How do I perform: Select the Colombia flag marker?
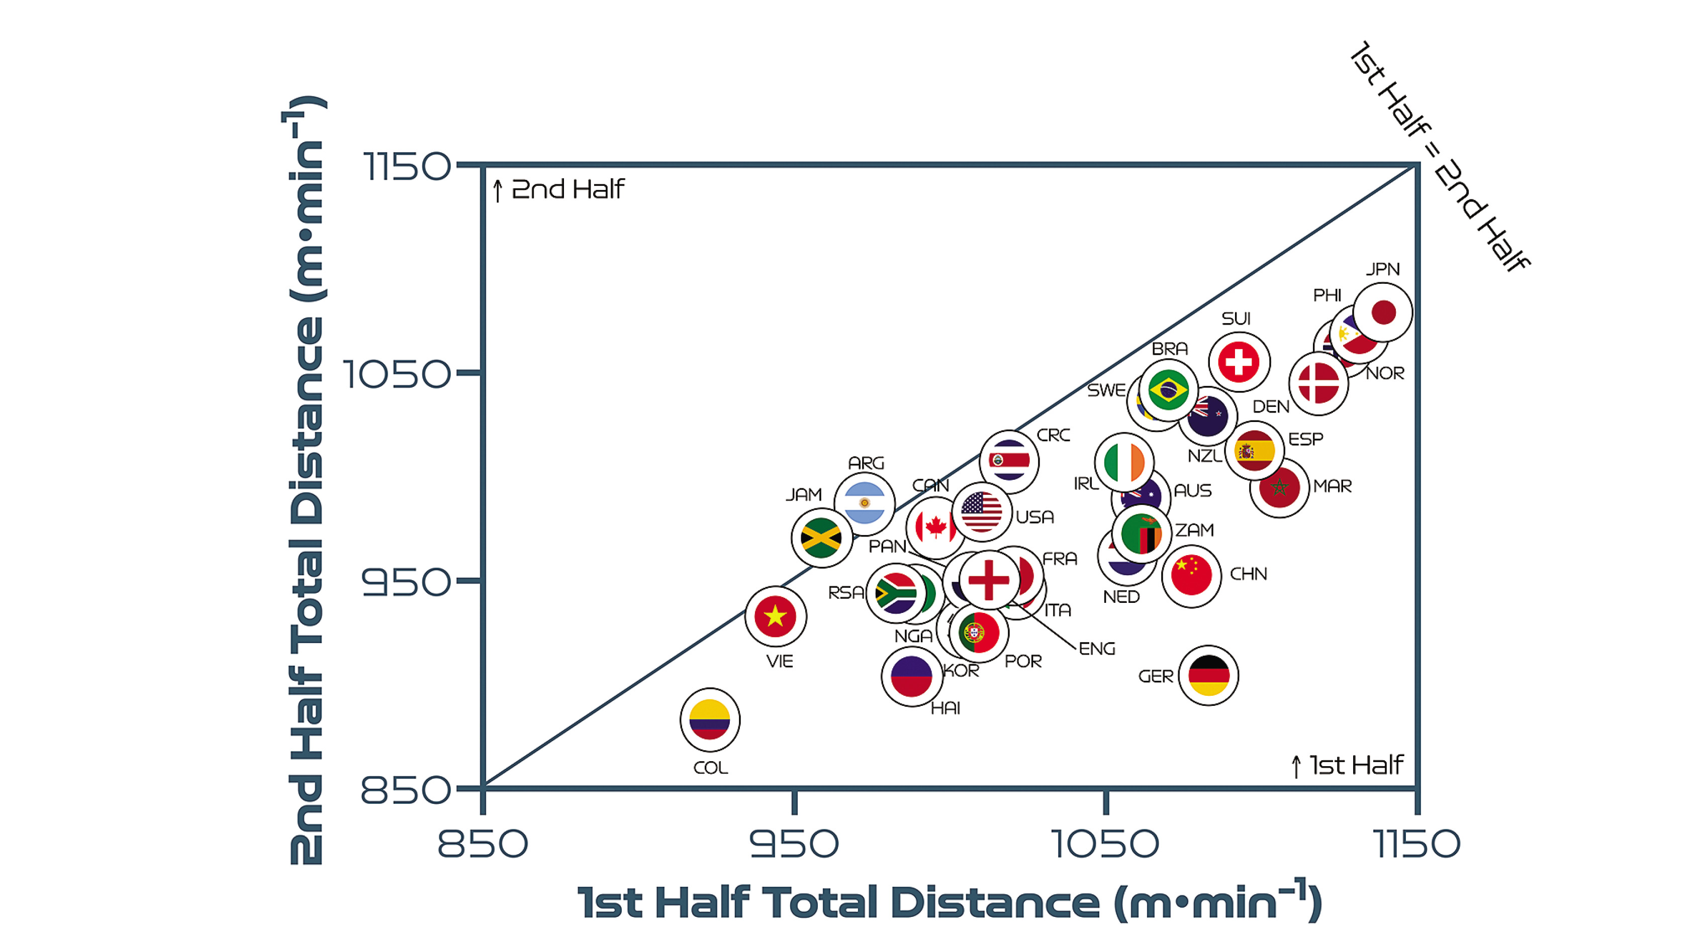click(x=710, y=719)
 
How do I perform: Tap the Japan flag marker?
click(x=1383, y=312)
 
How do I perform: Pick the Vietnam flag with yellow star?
click(x=775, y=616)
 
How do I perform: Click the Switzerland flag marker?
click(x=1239, y=362)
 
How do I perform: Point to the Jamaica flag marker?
click(x=821, y=538)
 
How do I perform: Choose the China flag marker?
click(x=1191, y=575)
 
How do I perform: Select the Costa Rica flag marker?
click(x=1009, y=461)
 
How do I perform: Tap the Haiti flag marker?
click(x=911, y=676)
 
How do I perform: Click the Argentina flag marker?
click(x=865, y=503)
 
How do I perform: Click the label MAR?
click(x=1333, y=486)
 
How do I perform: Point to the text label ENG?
click(x=1097, y=649)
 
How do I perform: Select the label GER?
click(x=1155, y=676)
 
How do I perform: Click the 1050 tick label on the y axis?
click(x=396, y=374)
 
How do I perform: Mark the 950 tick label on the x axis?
click(x=794, y=844)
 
